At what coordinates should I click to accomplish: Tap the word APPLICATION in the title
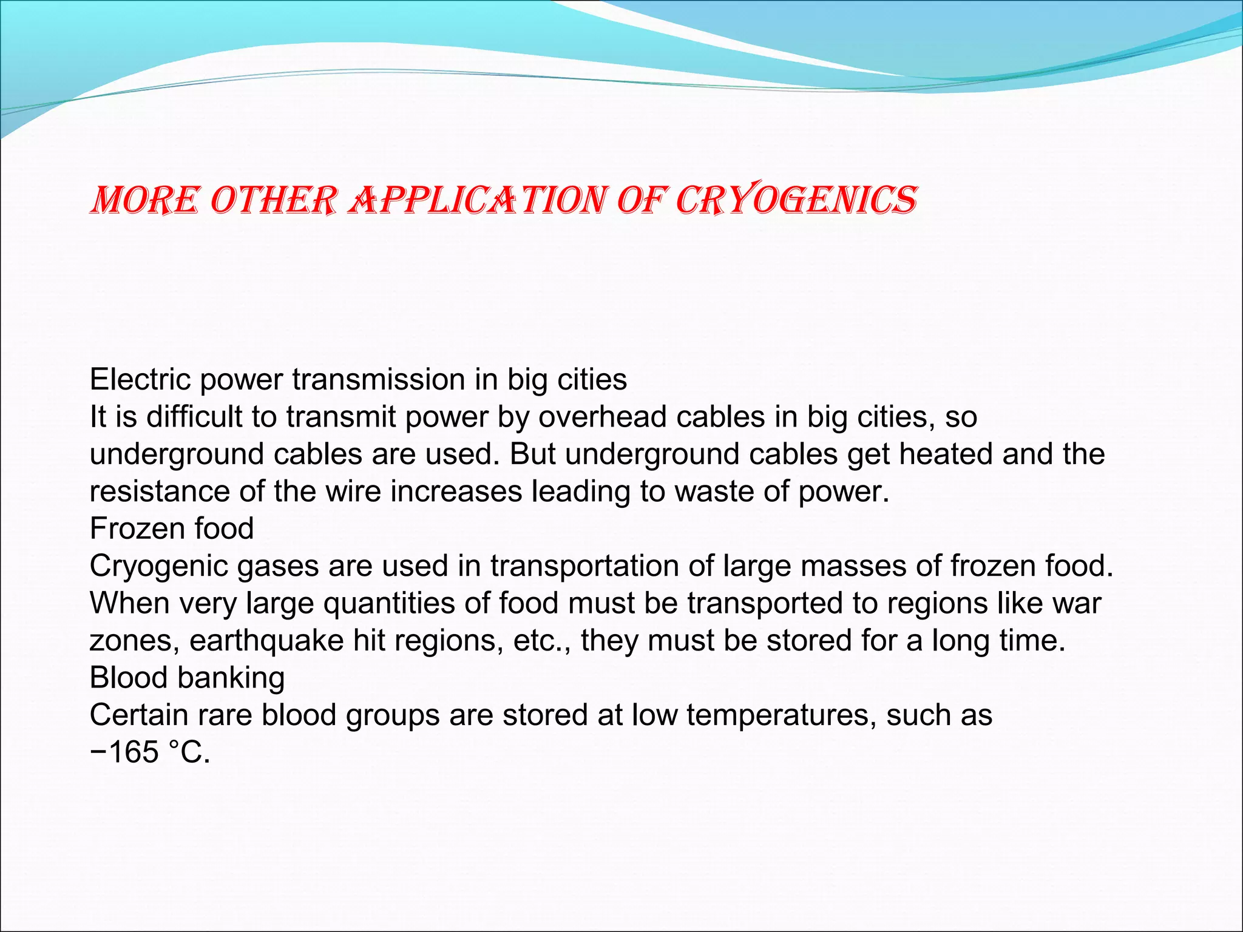coord(476,201)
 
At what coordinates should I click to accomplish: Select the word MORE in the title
coord(144,201)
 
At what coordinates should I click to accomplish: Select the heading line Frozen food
coord(172,528)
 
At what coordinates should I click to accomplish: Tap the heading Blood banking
coord(187,678)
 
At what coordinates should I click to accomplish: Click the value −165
coord(124,752)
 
